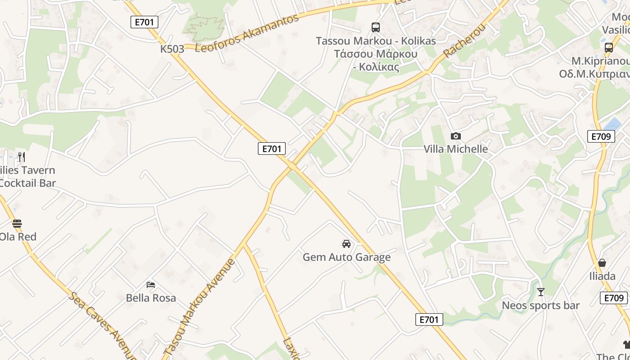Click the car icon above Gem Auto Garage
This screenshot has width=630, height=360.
346,244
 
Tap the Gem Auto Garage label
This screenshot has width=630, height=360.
346,257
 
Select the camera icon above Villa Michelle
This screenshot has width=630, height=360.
455,136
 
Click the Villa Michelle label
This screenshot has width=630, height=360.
455,149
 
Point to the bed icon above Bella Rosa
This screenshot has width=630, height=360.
151,284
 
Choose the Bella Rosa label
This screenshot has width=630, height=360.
151,298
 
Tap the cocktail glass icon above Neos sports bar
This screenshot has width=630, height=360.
541,292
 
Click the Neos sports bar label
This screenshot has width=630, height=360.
541,306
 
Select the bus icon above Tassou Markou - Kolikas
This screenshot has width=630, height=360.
376,27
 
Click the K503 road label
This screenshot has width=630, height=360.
172,49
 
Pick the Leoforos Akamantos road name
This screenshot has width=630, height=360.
247,33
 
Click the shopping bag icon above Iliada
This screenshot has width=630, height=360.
602,263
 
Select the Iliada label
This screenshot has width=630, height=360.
602,276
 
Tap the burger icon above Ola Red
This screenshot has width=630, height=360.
17,223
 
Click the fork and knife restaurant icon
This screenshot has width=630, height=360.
21,157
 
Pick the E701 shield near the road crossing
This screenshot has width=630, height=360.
272,148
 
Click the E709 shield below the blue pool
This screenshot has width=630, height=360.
601,136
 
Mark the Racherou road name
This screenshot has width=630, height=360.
465,40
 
